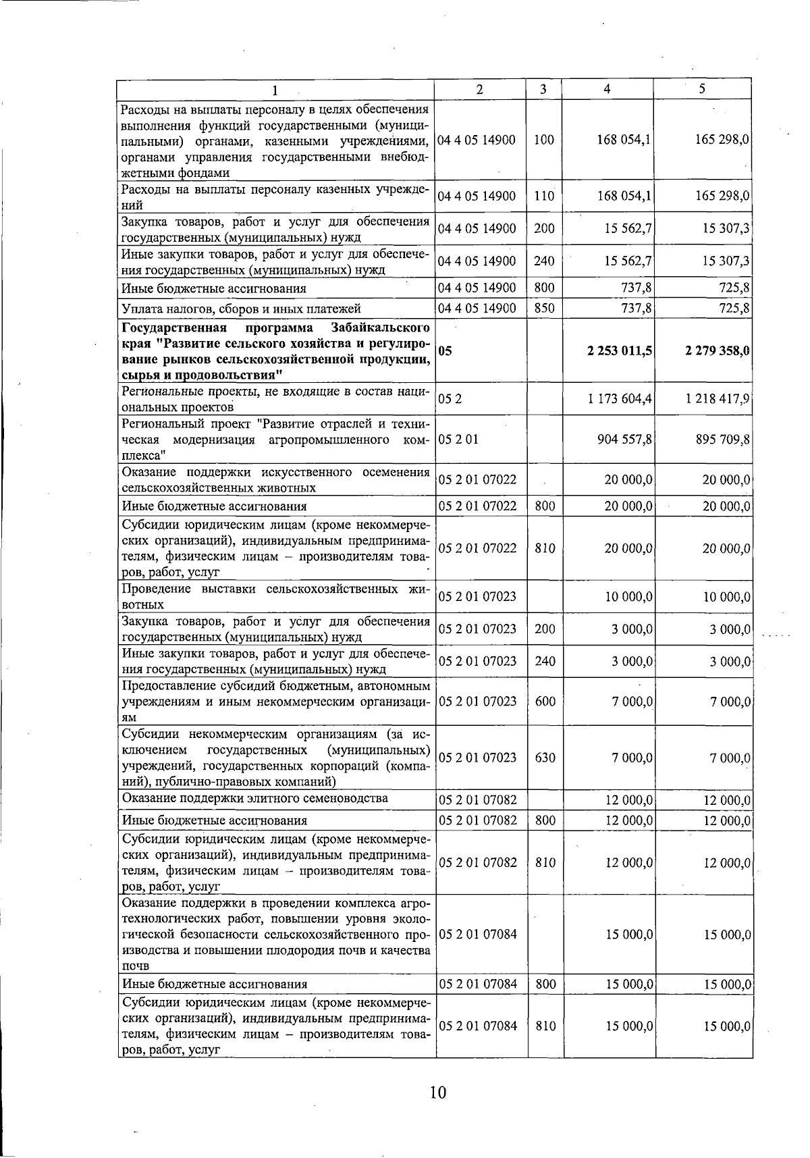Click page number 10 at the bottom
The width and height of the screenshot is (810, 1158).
pos(438,1092)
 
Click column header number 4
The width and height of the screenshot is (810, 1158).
pos(608,89)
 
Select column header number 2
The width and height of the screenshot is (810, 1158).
pos(479,89)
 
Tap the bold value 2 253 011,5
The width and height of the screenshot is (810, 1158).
pos(619,351)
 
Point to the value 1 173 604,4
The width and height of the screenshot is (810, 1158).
pos(620,399)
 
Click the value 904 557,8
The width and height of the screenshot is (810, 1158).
pos(624,440)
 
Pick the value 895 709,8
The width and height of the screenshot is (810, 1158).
pos(723,440)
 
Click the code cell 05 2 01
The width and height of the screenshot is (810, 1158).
pos(458,440)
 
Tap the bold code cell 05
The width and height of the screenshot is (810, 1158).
pos(445,351)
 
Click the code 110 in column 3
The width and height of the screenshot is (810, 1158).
pos(544,196)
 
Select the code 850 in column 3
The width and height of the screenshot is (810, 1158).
pos(544,309)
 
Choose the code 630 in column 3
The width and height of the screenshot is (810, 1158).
pos(545,758)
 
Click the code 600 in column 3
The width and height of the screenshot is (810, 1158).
pos(545,702)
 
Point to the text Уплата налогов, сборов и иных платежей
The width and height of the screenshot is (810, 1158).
pos(241,309)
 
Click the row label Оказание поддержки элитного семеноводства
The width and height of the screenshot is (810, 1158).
pos(254,799)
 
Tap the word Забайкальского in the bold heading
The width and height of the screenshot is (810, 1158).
pos(381,328)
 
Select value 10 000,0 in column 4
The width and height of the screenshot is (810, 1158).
pos(628,597)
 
